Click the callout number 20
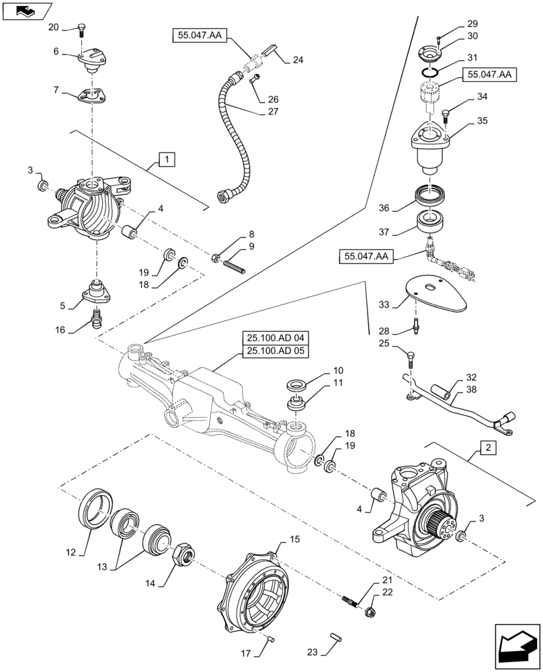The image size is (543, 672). pos(54,27)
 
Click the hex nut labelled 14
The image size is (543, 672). pos(181,555)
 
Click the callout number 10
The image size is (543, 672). pos(335,370)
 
